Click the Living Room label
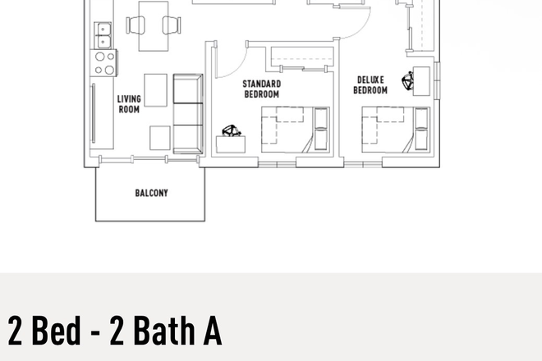click(129, 104)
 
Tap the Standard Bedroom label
click(261, 89)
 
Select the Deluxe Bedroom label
click(370, 85)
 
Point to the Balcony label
click(151, 194)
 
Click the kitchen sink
click(103, 35)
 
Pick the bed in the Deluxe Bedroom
click(396, 128)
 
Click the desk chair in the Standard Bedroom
click(232, 131)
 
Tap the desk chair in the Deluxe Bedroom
click(408, 80)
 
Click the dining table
click(151, 25)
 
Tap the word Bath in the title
click(157, 331)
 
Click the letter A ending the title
click(211, 331)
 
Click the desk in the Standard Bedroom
click(232, 143)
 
